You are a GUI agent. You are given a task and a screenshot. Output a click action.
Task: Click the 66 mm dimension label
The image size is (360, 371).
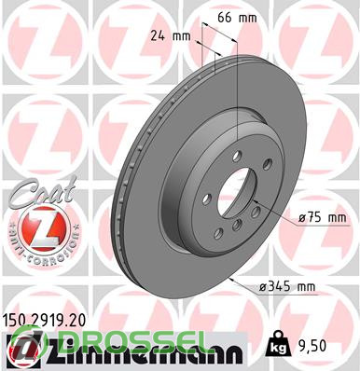pyautogui.click(x=237, y=18)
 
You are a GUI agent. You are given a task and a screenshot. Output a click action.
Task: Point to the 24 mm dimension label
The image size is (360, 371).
pyautogui.click(x=171, y=36)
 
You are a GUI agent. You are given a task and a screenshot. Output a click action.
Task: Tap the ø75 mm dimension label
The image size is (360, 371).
pyautogui.click(x=322, y=218)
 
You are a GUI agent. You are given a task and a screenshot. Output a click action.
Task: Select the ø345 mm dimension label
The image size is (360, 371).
pyautogui.click(x=287, y=286)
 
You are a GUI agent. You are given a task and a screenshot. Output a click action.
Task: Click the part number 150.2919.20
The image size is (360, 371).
pyautogui.click(x=44, y=319)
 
